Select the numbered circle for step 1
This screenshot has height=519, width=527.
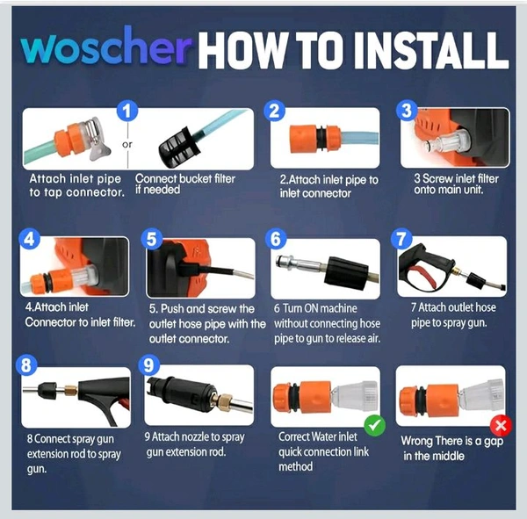127,111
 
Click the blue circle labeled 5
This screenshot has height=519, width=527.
152,240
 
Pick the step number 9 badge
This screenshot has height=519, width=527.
149,365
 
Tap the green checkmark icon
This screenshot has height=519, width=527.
374,426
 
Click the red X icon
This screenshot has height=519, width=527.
501,426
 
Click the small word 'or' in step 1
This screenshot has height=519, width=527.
127,144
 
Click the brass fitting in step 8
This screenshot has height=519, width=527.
70,391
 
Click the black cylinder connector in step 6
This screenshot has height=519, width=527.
346,274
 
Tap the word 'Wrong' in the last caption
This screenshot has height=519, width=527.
416,441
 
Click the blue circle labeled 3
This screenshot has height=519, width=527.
407,111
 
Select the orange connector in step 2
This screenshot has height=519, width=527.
314,138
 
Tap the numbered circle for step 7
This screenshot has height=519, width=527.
401,240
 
